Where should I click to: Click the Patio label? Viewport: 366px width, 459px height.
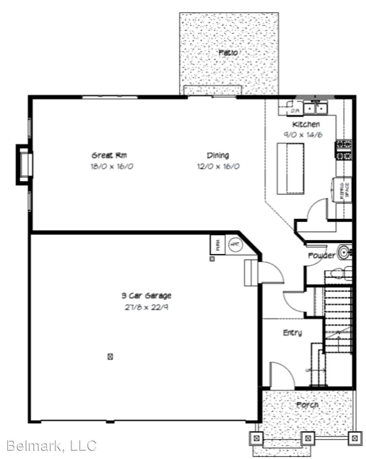click(228, 53)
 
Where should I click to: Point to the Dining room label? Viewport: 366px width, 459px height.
click(218, 155)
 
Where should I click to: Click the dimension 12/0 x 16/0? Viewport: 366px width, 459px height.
click(218, 166)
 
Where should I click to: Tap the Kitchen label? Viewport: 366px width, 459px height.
click(306, 125)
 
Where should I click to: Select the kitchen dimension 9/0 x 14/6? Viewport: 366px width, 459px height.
click(306, 134)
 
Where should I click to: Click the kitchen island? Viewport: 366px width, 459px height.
click(291, 168)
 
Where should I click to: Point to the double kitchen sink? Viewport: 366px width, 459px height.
click(315, 109)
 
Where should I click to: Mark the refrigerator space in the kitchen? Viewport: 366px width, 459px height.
click(343, 188)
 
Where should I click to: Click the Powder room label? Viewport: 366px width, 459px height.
click(321, 255)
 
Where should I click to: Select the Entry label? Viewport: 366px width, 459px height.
click(292, 333)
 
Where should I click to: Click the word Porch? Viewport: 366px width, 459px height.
click(307, 405)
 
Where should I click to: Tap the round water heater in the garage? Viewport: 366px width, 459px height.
click(235, 244)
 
